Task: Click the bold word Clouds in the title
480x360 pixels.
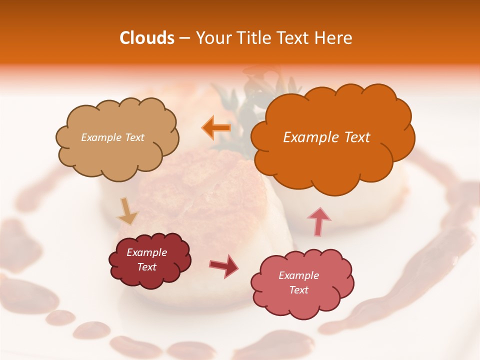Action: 146,38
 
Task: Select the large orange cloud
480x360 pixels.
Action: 332,160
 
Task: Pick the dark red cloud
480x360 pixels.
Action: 150,260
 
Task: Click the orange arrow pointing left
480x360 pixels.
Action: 216,128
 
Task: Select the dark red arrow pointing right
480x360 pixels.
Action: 223,265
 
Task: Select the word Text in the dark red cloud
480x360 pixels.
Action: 147,267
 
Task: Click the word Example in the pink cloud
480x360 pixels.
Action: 298,275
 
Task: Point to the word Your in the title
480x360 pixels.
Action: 211,38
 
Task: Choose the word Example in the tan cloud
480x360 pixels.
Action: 100,137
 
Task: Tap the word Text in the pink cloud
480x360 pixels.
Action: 298,290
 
